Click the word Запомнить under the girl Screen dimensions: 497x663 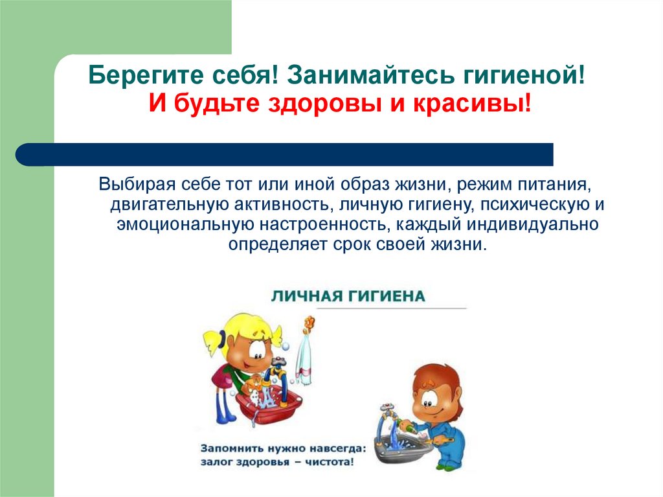tap(232, 448)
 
